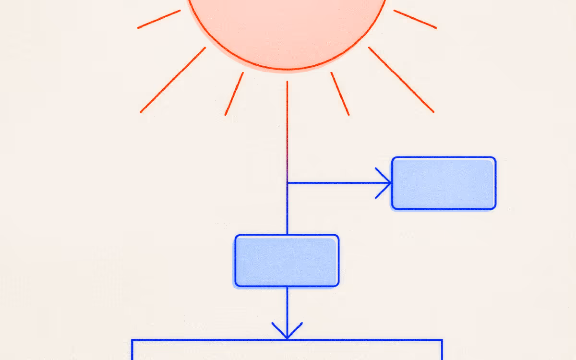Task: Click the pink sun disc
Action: pyautogui.click(x=287, y=29)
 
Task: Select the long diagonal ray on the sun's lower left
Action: pyautogui.click(x=173, y=80)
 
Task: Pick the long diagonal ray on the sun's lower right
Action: pyautogui.click(x=401, y=80)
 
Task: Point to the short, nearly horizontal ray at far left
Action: pyautogui.click(x=159, y=19)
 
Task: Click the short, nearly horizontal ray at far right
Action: pyautogui.click(x=415, y=19)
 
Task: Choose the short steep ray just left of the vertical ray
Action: pyautogui.click(x=234, y=94)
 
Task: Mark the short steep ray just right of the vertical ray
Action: pyautogui.click(x=340, y=94)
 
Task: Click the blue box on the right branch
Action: pyautogui.click(x=444, y=183)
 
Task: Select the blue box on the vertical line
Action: pyautogui.click(x=287, y=261)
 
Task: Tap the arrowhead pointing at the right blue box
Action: pyautogui.click(x=387, y=183)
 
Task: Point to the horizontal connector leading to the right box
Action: pyautogui.click(x=336, y=183)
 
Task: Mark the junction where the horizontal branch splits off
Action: pyautogui.click(x=287, y=183)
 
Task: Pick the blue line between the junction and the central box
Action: pyautogui.click(x=287, y=209)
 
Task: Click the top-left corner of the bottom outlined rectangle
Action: pyautogui.click(x=132, y=340)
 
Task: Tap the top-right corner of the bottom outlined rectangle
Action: pyautogui.click(x=442, y=340)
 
